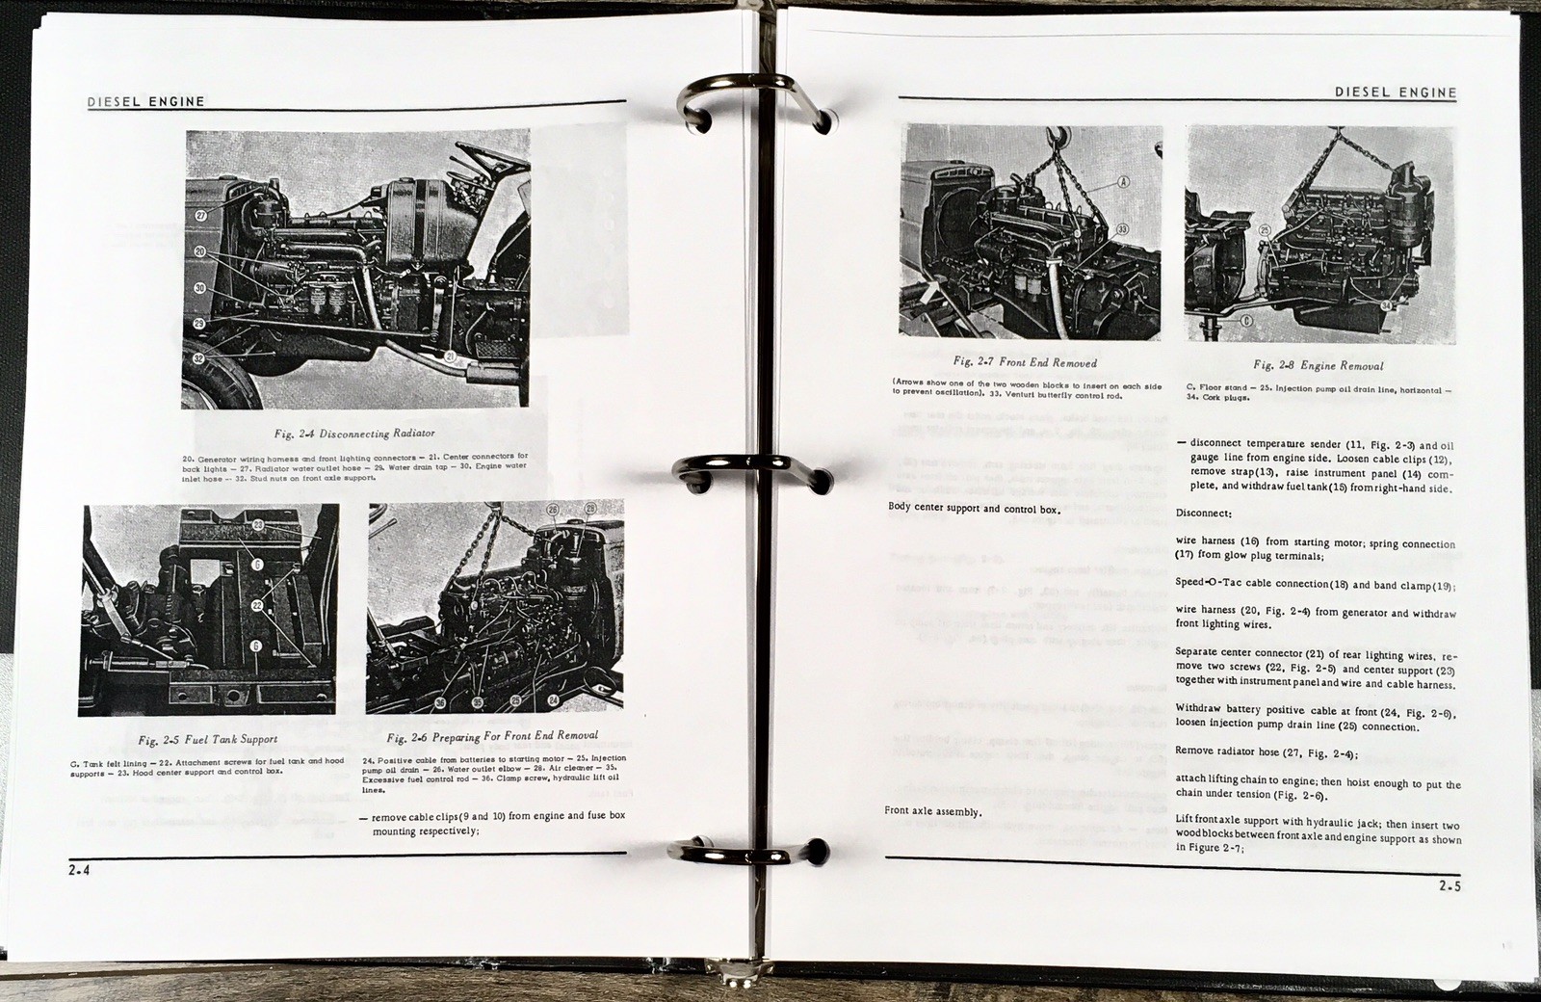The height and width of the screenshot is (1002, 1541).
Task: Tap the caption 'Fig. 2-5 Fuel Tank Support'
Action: (207, 740)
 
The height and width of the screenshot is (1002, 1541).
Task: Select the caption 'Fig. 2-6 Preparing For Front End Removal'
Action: (491, 736)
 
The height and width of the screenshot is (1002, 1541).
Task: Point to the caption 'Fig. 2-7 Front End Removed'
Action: (1024, 362)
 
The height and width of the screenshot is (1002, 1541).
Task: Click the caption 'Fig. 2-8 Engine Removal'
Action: (1318, 365)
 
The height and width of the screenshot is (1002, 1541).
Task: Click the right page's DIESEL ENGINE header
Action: (1396, 92)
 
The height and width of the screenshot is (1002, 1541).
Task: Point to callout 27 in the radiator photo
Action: (200, 216)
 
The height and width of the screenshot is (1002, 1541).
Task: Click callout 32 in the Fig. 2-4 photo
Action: (199, 357)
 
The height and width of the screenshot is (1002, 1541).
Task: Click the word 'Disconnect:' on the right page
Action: (1203, 513)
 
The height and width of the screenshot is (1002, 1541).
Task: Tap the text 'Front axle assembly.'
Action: (932, 811)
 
